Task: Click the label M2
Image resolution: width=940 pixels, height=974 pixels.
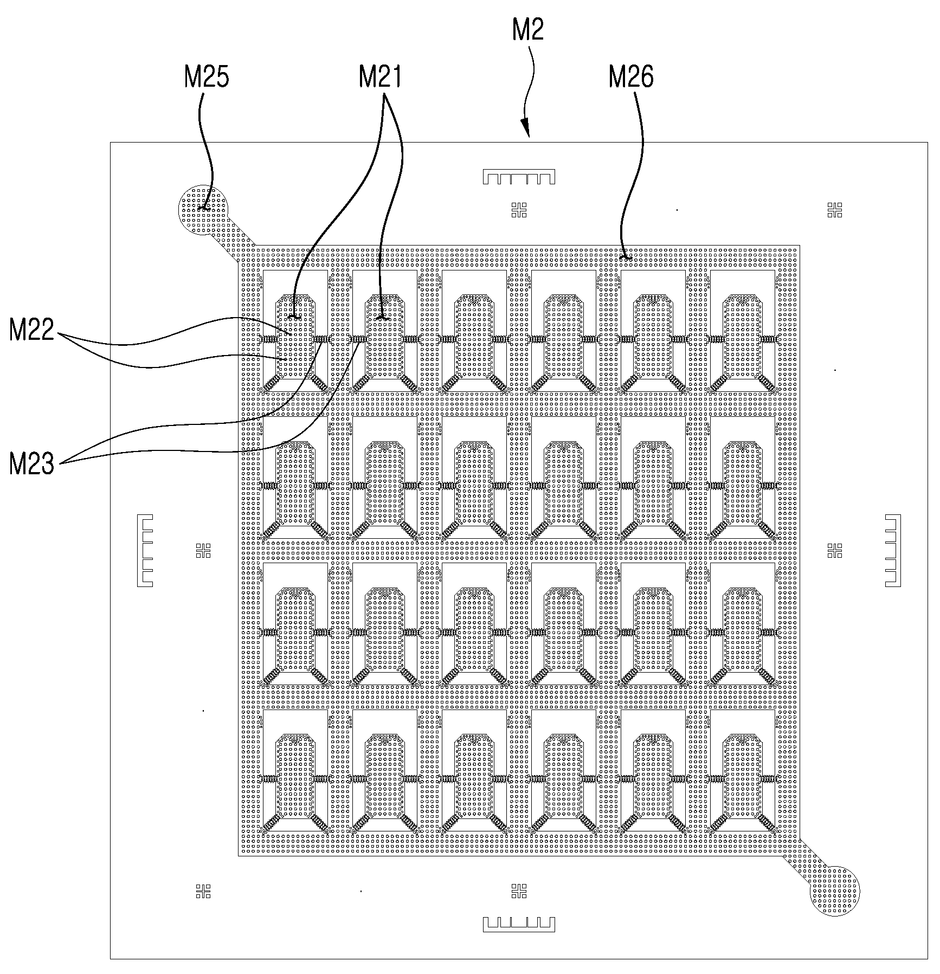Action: [x=527, y=31]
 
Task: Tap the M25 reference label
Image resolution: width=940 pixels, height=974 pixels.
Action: [x=207, y=78]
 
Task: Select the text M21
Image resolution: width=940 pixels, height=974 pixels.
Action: [x=380, y=78]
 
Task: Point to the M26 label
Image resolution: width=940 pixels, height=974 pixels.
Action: [x=632, y=78]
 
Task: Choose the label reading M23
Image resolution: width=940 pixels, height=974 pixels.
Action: [x=32, y=465]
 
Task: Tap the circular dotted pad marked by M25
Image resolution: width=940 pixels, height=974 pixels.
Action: [x=204, y=211]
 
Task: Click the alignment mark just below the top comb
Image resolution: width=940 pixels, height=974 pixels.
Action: [x=519, y=210]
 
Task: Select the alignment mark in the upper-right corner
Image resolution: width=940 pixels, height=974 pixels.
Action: [x=835, y=210]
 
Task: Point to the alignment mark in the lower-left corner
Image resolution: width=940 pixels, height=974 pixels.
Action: [x=203, y=891]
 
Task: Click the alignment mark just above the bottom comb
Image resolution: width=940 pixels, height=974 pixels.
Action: [x=519, y=891]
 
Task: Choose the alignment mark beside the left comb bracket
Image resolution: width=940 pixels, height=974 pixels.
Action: [x=203, y=551]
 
